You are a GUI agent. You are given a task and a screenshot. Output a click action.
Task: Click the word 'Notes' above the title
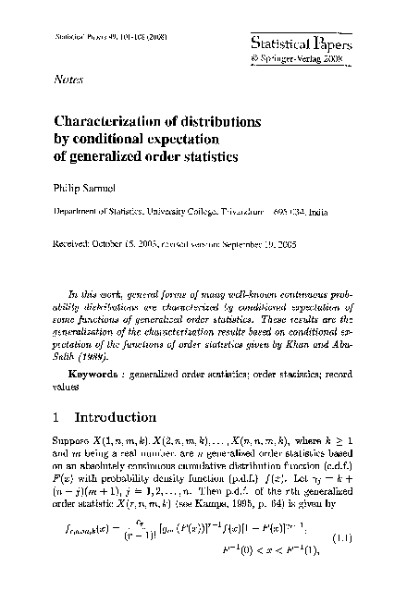point(70,80)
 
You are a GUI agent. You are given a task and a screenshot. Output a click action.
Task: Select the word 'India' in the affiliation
point(343,211)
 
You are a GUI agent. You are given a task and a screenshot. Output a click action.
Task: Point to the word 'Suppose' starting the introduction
point(69,458)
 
